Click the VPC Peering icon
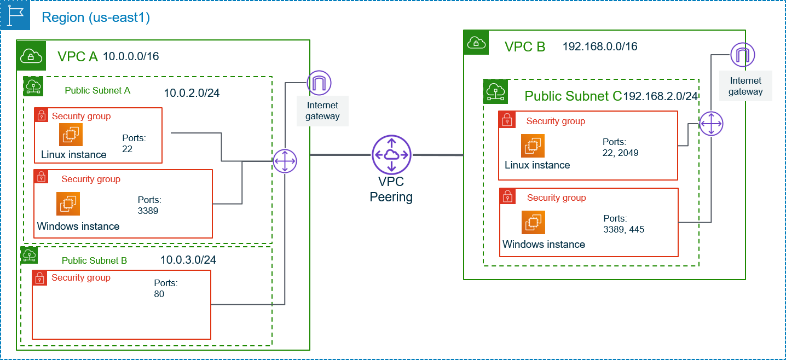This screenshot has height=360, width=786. [x=391, y=155]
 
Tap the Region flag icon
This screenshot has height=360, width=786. [x=15, y=15]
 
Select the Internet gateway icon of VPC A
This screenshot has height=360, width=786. [x=319, y=83]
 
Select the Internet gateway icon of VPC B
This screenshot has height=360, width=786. [x=743, y=55]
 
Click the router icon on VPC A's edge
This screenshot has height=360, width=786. [x=285, y=161]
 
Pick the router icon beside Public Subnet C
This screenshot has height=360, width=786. [x=711, y=124]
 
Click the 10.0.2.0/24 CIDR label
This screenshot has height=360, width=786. [x=192, y=93]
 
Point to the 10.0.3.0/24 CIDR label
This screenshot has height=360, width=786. [x=188, y=260]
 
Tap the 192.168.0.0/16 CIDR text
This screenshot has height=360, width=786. [x=600, y=47]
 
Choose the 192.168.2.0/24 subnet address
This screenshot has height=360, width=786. [x=660, y=96]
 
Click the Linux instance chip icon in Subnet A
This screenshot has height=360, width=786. [x=71, y=135]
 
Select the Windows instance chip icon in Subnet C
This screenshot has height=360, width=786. [x=533, y=222]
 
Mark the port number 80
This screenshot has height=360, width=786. [x=159, y=294]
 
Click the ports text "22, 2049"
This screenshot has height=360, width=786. [x=620, y=153]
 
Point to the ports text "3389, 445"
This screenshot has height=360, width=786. [x=624, y=229]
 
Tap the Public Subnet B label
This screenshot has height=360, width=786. [x=94, y=260]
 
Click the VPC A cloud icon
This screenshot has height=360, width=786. [x=31, y=56]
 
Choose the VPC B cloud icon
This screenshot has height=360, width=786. [x=476, y=43]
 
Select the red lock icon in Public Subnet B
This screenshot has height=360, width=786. [x=39, y=278]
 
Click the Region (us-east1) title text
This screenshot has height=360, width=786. [x=96, y=17]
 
